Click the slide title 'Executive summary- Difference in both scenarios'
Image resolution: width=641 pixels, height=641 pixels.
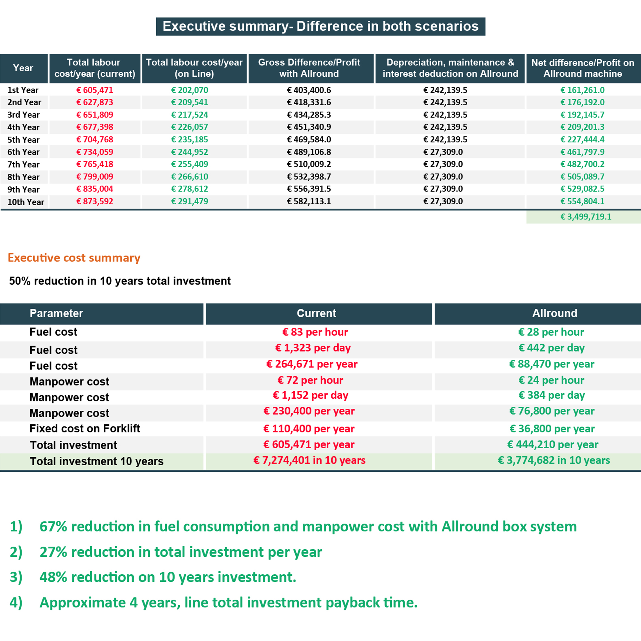pos(320,26)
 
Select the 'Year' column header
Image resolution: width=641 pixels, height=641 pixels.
pos(23,68)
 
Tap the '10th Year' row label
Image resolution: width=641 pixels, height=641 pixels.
pos(26,202)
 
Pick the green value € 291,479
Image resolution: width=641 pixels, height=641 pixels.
pos(189,201)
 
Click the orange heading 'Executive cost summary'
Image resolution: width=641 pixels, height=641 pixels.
pos(74,258)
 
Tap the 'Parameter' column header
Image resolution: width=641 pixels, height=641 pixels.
pos(57,313)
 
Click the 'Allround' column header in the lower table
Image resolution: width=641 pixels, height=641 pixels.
pos(554,313)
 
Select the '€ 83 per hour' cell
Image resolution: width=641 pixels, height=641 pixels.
pos(315,332)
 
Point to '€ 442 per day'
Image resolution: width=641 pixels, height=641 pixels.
pos(551,348)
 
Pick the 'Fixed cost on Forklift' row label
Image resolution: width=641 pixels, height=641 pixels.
pos(85,428)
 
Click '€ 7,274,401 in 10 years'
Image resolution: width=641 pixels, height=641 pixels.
pos(309,460)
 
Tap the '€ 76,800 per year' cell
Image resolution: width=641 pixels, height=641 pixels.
pos(552,411)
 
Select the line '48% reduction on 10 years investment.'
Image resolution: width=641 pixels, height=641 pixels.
pos(168,577)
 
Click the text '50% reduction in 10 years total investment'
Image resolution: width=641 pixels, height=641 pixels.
pos(120,281)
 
